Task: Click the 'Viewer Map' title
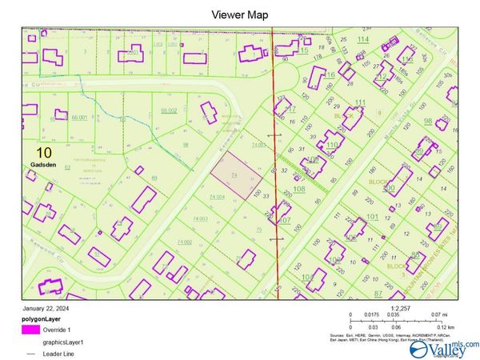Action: tap(239, 14)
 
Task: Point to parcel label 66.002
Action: tap(168, 110)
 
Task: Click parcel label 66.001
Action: tap(79, 118)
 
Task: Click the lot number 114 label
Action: tap(364, 39)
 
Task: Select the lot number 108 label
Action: tap(299, 189)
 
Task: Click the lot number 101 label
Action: tap(394, 217)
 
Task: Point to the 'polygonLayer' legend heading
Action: tap(42, 318)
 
